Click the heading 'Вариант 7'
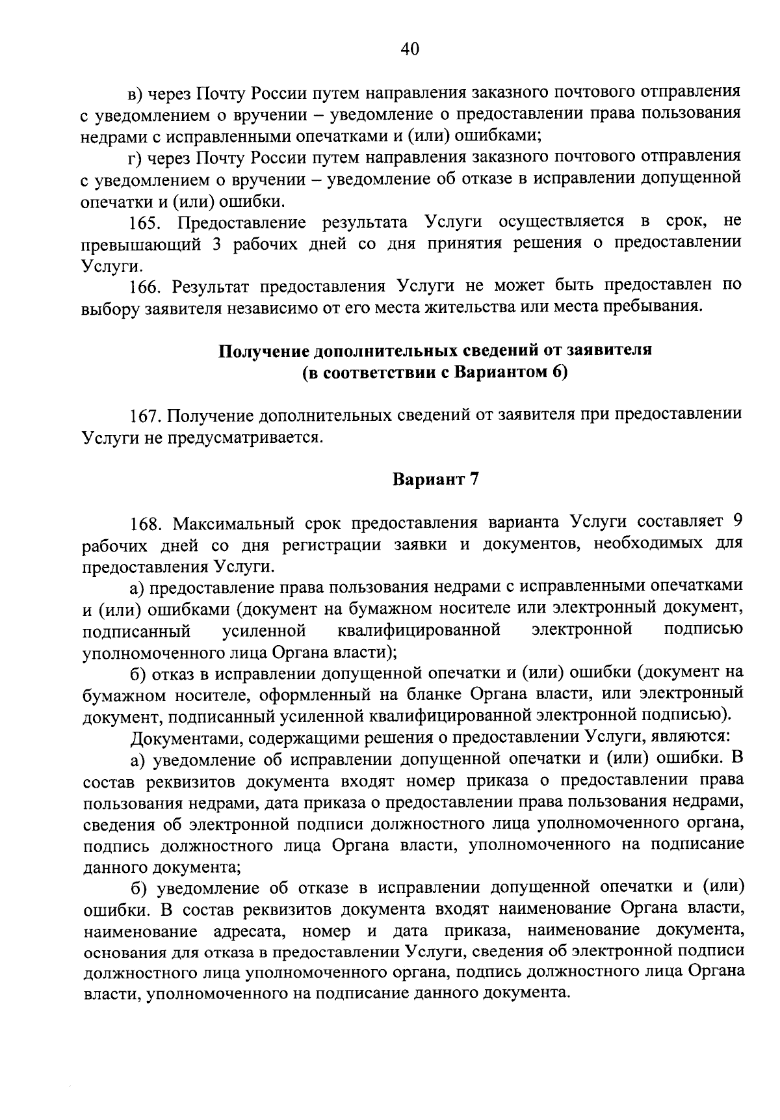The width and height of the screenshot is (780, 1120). point(435,480)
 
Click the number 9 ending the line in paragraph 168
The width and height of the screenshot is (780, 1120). point(736,522)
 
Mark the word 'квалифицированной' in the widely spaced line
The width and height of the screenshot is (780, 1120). point(419,630)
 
